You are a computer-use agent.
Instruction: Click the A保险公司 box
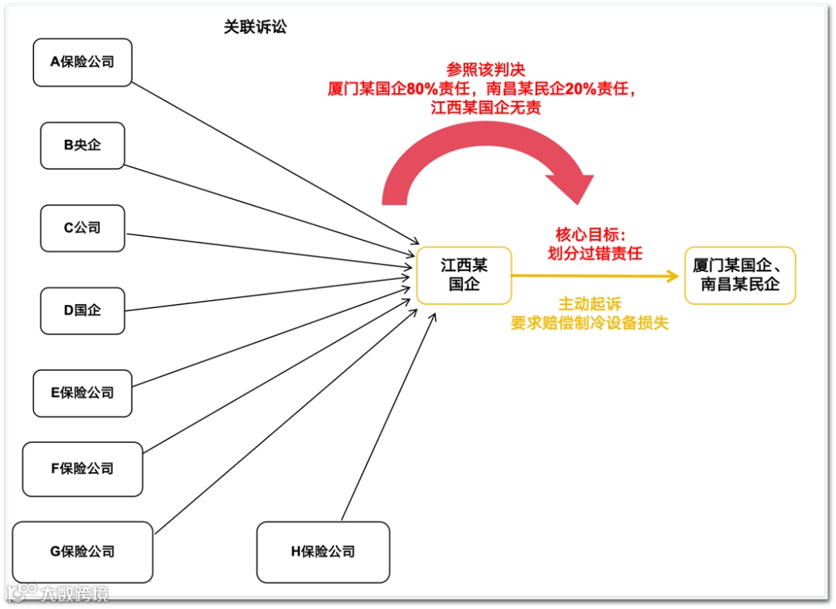(82, 61)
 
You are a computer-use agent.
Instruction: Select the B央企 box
(82, 145)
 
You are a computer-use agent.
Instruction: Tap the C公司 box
(82, 228)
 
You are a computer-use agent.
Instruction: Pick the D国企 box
(82, 310)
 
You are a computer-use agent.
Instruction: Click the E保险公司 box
(82, 392)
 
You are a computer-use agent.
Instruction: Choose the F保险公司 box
(82, 468)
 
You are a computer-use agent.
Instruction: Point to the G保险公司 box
(82, 552)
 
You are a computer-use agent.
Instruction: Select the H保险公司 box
(323, 552)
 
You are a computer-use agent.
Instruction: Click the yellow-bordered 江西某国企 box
(464, 275)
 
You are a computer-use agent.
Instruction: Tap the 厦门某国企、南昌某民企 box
(739, 275)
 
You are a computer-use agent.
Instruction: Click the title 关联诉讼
(255, 27)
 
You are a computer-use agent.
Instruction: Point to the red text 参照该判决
(485, 70)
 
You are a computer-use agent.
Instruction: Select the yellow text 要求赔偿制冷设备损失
(590, 323)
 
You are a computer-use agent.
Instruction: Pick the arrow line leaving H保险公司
(387, 418)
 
